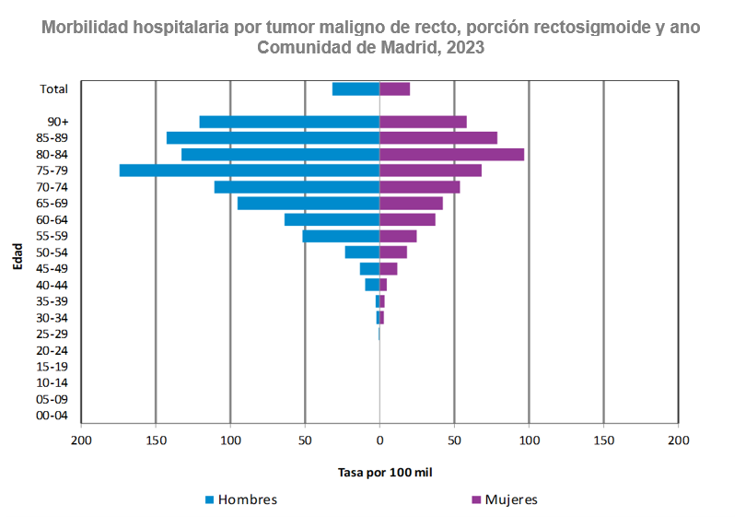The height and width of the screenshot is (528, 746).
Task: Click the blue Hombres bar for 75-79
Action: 250,170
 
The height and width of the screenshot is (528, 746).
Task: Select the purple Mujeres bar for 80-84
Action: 451,154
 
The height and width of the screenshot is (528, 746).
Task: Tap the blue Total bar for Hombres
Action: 356,88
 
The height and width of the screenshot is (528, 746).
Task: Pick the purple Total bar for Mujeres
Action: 394,88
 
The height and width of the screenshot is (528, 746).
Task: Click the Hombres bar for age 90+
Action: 289,122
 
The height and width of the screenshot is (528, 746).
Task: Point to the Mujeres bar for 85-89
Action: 438,137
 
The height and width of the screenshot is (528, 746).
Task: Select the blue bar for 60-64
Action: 332,219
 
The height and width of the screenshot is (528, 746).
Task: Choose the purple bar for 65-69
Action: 411,203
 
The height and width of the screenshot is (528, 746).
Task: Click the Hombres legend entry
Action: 240,499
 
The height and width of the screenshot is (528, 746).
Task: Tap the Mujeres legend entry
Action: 504,499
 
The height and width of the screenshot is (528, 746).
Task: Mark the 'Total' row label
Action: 53,88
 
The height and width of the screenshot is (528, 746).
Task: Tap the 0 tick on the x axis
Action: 379,441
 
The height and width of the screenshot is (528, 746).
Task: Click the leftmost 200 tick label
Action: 81,441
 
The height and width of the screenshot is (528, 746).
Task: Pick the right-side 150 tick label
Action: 603,441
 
